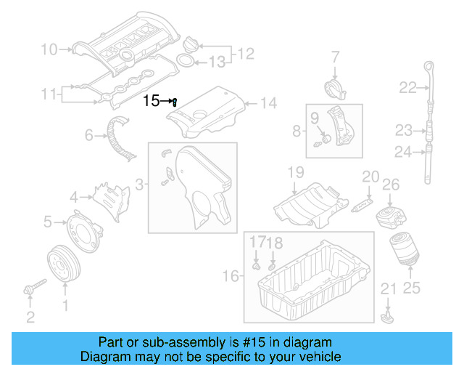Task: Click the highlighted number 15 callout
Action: pos(151,101)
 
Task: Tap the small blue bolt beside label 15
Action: pos(175,102)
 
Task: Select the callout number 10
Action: pos(49,49)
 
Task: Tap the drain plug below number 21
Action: pos(388,318)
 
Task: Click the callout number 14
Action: pos(268,103)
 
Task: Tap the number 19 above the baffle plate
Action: pos(295,173)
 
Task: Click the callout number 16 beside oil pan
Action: pos(230,276)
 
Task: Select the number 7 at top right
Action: pos(336,56)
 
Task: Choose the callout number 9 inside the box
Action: pos(315,117)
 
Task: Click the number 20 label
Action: pos(370,177)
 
